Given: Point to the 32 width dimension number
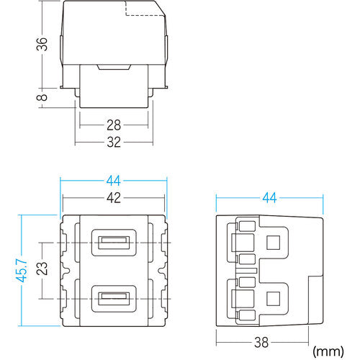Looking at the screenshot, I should [x=113, y=143].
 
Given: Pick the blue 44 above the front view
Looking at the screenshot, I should [x=113, y=181].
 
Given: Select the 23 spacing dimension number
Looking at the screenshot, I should [x=42, y=269].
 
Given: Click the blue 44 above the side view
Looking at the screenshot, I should [x=269, y=195].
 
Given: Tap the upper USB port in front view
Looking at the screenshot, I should [x=113, y=241].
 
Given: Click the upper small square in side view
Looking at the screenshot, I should [x=274, y=241].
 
